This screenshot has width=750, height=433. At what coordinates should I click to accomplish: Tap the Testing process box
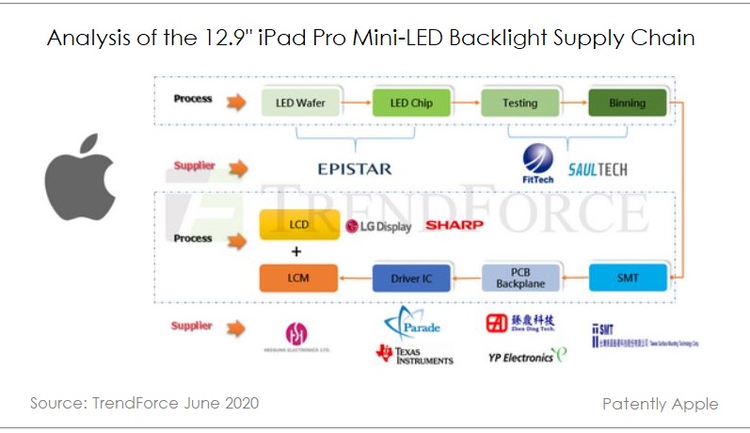(519, 102)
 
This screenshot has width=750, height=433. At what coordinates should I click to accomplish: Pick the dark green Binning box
(628, 102)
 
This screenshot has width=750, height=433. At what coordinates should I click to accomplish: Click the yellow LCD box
(297, 226)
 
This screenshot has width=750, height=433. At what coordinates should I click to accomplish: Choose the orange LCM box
(297, 277)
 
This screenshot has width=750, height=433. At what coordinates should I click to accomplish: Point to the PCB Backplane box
(520, 277)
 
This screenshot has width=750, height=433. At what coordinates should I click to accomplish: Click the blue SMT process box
(628, 277)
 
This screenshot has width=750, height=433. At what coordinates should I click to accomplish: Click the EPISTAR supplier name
(354, 169)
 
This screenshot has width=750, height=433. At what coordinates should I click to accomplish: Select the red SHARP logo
(455, 225)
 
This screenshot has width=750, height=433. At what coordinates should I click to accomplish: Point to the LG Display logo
(378, 227)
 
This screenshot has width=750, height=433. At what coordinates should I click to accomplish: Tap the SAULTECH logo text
(598, 169)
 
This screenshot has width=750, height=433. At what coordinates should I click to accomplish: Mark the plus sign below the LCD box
(296, 252)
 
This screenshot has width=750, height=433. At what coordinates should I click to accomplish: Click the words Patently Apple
(660, 404)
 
